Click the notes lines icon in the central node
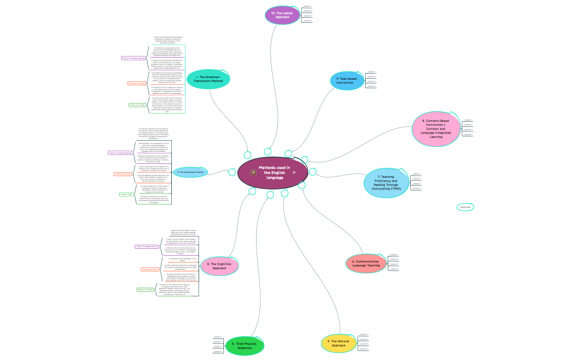[x=294, y=173]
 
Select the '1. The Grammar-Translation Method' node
[x=208, y=79]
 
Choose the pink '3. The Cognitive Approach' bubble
[x=219, y=266]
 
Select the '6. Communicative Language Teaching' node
[x=366, y=263]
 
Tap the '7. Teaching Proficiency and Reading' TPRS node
[x=387, y=183]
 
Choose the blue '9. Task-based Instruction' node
[x=348, y=80]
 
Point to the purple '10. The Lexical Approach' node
[x=282, y=15]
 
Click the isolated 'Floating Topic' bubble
[x=466, y=207]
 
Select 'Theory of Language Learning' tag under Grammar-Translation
[x=133, y=58]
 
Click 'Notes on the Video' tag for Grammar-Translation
[x=137, y=104]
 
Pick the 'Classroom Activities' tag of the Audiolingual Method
[x=122, y=174]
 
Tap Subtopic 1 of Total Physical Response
[x=217, y=337]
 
